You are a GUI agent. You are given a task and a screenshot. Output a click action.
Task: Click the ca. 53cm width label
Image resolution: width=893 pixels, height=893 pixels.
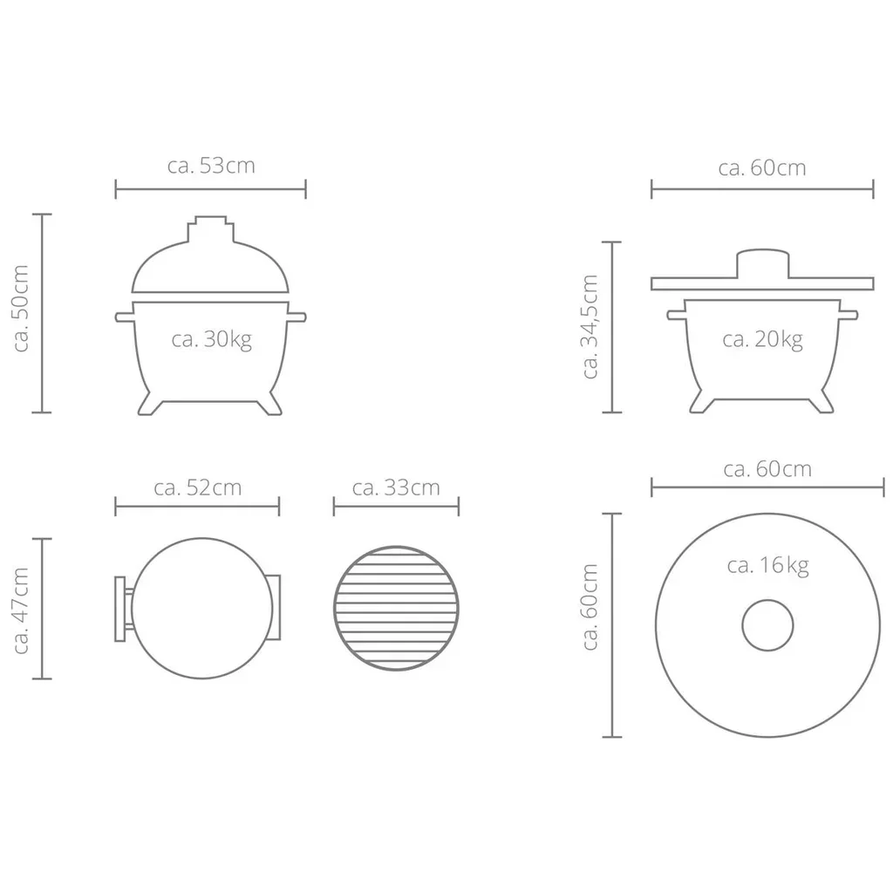point(211,166)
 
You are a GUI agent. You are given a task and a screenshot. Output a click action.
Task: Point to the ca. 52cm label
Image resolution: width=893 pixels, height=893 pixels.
point(197,487)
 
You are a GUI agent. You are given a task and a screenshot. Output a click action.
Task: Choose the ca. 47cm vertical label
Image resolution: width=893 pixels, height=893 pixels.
point(22,609)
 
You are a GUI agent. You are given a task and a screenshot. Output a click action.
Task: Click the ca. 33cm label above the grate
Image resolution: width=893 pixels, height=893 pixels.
point(396,487)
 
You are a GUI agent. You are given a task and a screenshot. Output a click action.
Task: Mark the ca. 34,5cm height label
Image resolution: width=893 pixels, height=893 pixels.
point(590,326)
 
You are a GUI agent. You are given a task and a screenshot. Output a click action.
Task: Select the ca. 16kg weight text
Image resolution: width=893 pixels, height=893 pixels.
point(767,565)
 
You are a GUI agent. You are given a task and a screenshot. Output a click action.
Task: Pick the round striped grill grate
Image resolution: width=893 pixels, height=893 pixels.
point(396,609)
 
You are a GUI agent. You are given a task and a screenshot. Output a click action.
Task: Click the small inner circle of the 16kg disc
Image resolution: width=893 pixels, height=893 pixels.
point(767,625)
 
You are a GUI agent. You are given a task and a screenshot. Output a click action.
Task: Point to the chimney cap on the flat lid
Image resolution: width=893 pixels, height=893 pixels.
point(762,264)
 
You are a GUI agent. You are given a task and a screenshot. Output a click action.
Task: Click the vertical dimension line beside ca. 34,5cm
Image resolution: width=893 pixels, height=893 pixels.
point(613,326)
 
